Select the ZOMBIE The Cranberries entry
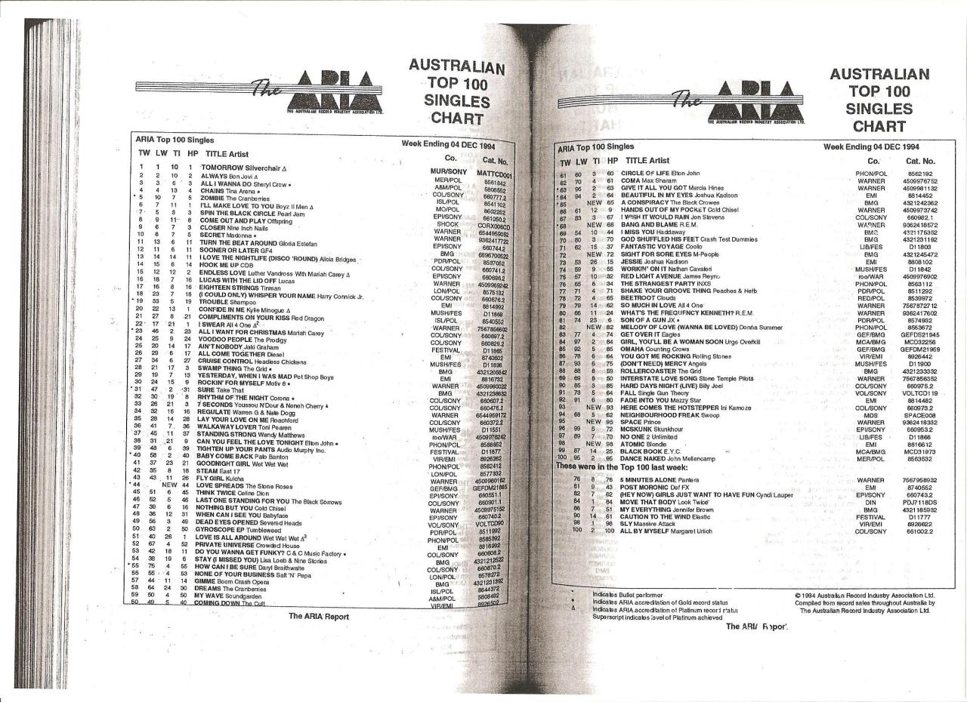[232, 198]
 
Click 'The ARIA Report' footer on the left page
[319, 616]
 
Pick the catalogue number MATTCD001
[495, 174]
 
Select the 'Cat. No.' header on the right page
[920, 161]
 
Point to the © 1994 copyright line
[864, 595]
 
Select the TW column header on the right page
[564, 162]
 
